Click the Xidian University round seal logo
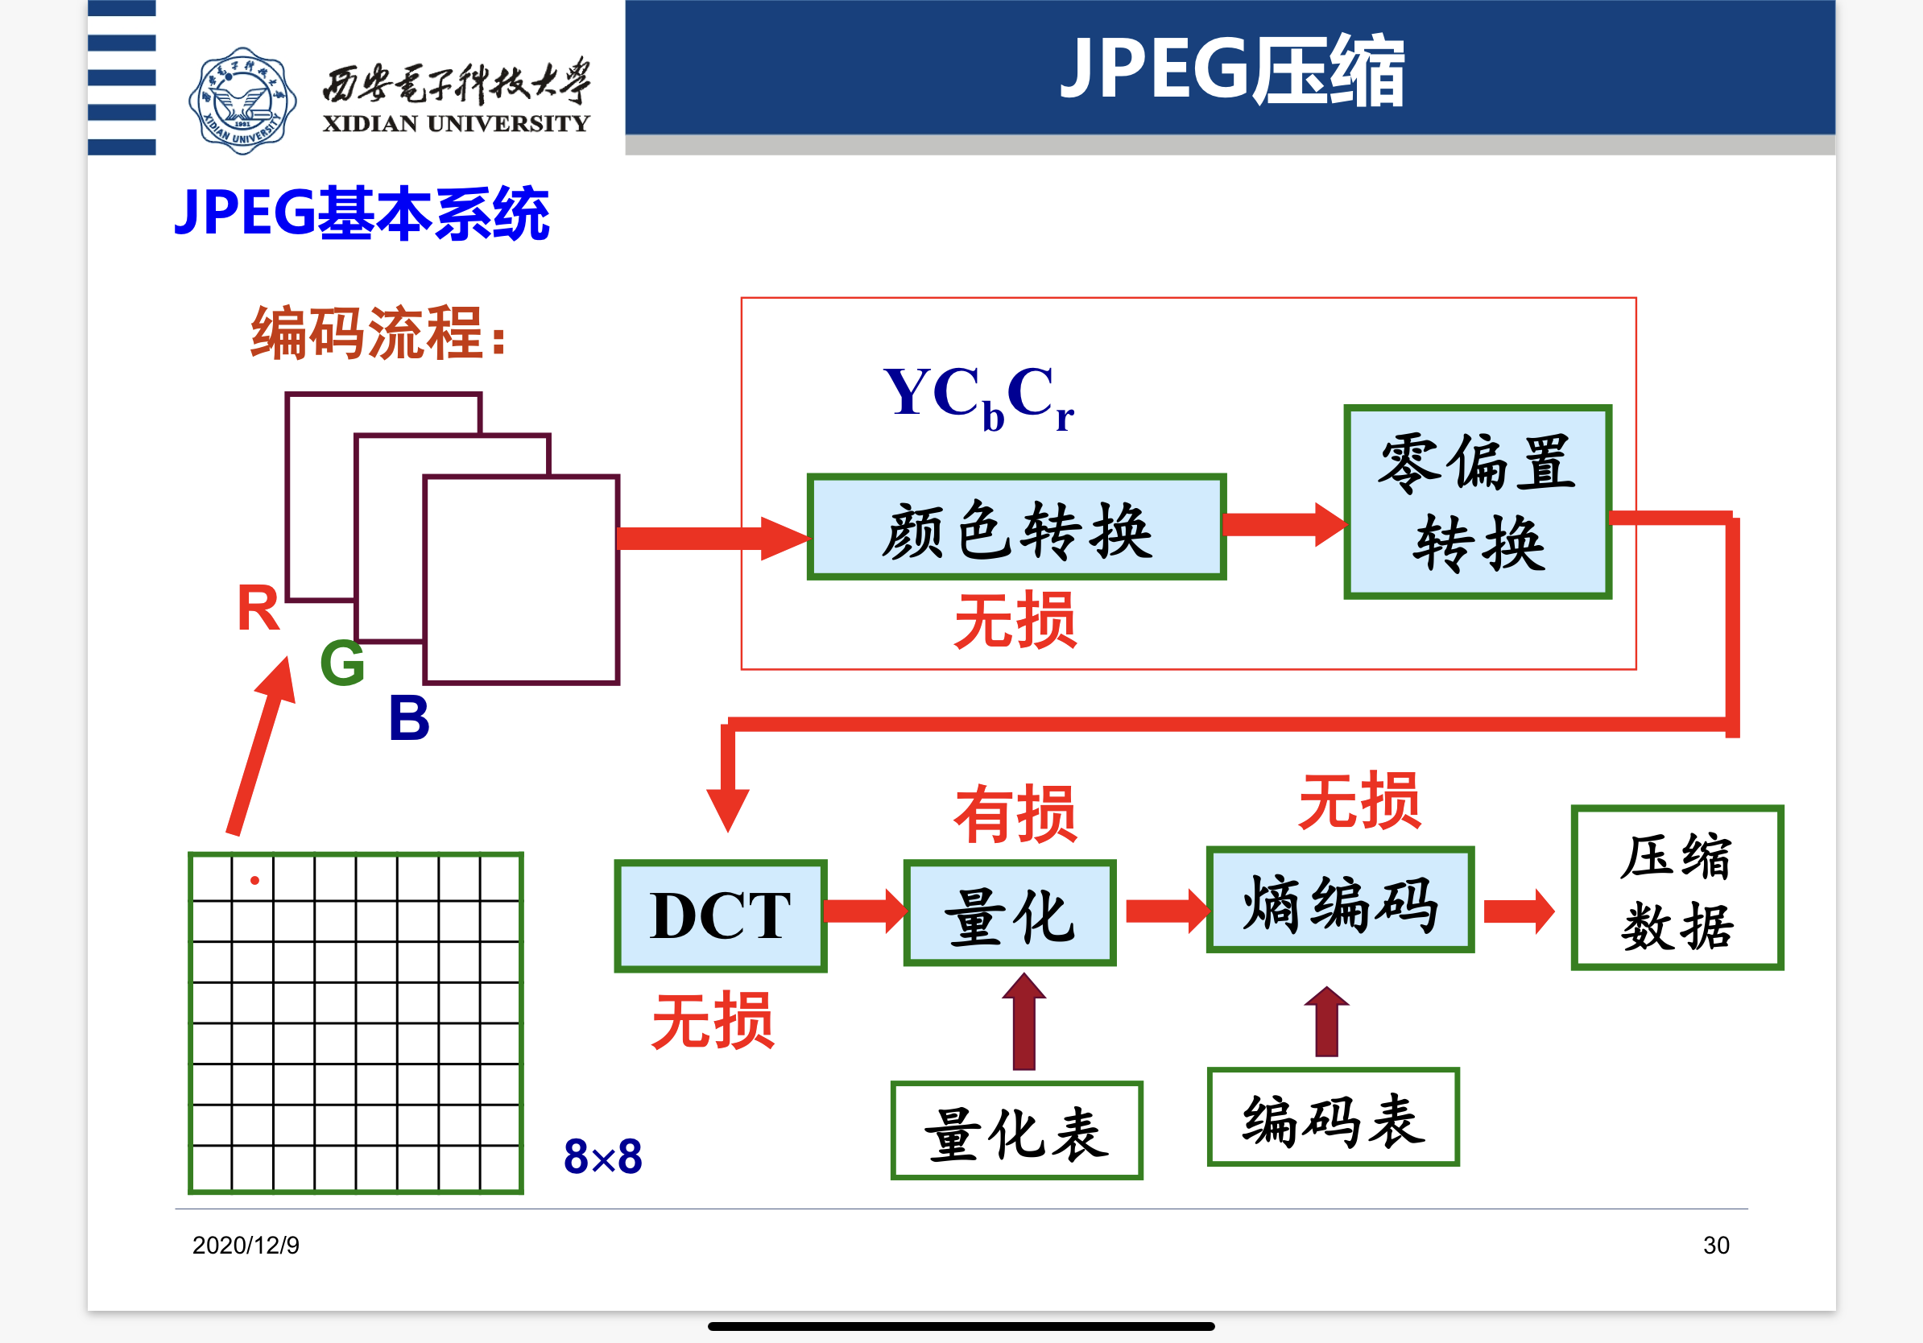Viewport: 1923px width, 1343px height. pos(242,101)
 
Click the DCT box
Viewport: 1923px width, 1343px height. pos(720,916)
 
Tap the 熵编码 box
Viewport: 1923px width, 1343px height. pos(1339,901)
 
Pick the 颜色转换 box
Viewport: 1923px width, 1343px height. pos(1016,527)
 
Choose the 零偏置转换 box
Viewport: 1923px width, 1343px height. pos(1478,502)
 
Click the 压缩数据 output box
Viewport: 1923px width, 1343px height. pos(1677,888)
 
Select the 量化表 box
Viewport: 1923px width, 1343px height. pos(1017,1130)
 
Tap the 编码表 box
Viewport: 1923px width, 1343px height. pos(1333,1117)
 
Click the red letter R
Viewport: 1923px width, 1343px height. pos(258,609)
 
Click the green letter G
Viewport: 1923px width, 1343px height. pos(342,663)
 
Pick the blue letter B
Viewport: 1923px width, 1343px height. pos(409,718)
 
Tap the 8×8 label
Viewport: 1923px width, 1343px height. pos(603,1156)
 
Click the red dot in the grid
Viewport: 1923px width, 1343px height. pos(254,880)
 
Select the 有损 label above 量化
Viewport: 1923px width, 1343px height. pos(1015,815)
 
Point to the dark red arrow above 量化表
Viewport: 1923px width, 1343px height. pos(1024,1023)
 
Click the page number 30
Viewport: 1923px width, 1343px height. pos(1716,1245)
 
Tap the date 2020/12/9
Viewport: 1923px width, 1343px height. pos(246,1245)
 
